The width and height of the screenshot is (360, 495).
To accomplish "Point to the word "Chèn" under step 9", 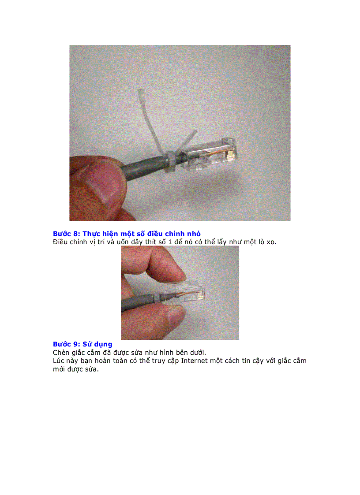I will [62, 352].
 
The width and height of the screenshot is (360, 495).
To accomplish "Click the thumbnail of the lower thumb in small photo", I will [176, 315].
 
